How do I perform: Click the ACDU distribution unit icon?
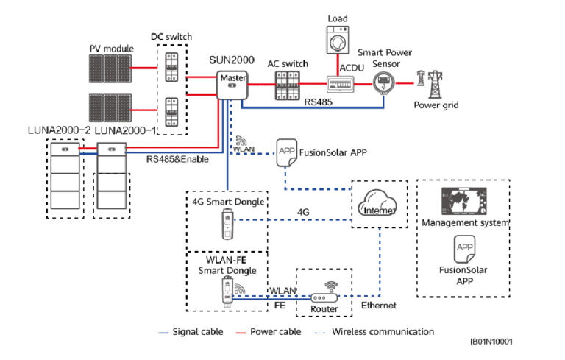pyautogui.click(x=339, y=86)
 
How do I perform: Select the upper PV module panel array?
pyautogui.click(x=113, y=68)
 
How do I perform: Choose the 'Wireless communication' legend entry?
pyautogui.click(x=383, y=332)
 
